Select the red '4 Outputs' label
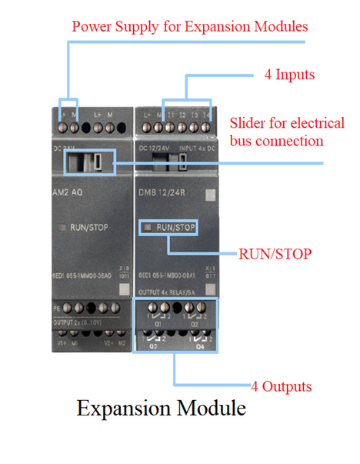tap(282, 385)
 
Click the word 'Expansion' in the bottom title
tap(124, 409)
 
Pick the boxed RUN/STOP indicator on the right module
tap(167, 228)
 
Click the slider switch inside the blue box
tap(98, 161)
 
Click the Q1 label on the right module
tap(158, 325)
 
